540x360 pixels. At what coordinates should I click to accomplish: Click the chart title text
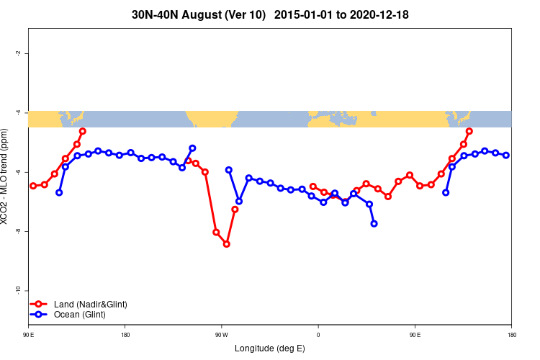270,14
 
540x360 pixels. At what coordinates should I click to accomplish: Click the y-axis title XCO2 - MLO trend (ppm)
6,176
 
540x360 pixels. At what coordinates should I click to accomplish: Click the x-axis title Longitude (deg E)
270,348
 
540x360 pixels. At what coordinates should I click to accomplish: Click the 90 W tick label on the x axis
221,335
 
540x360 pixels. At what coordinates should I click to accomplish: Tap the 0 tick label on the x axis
318,335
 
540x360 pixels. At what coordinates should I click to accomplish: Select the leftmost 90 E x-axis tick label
29,335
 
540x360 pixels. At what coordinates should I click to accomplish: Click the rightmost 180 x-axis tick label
511,335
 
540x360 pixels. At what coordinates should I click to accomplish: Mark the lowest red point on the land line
226,244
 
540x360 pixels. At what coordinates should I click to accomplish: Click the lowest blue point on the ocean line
374,224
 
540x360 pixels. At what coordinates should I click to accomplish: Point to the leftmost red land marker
33,186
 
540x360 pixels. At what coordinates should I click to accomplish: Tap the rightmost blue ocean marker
506,155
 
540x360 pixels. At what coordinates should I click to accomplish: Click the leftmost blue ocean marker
59,192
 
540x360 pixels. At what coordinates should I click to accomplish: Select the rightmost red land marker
469,131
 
